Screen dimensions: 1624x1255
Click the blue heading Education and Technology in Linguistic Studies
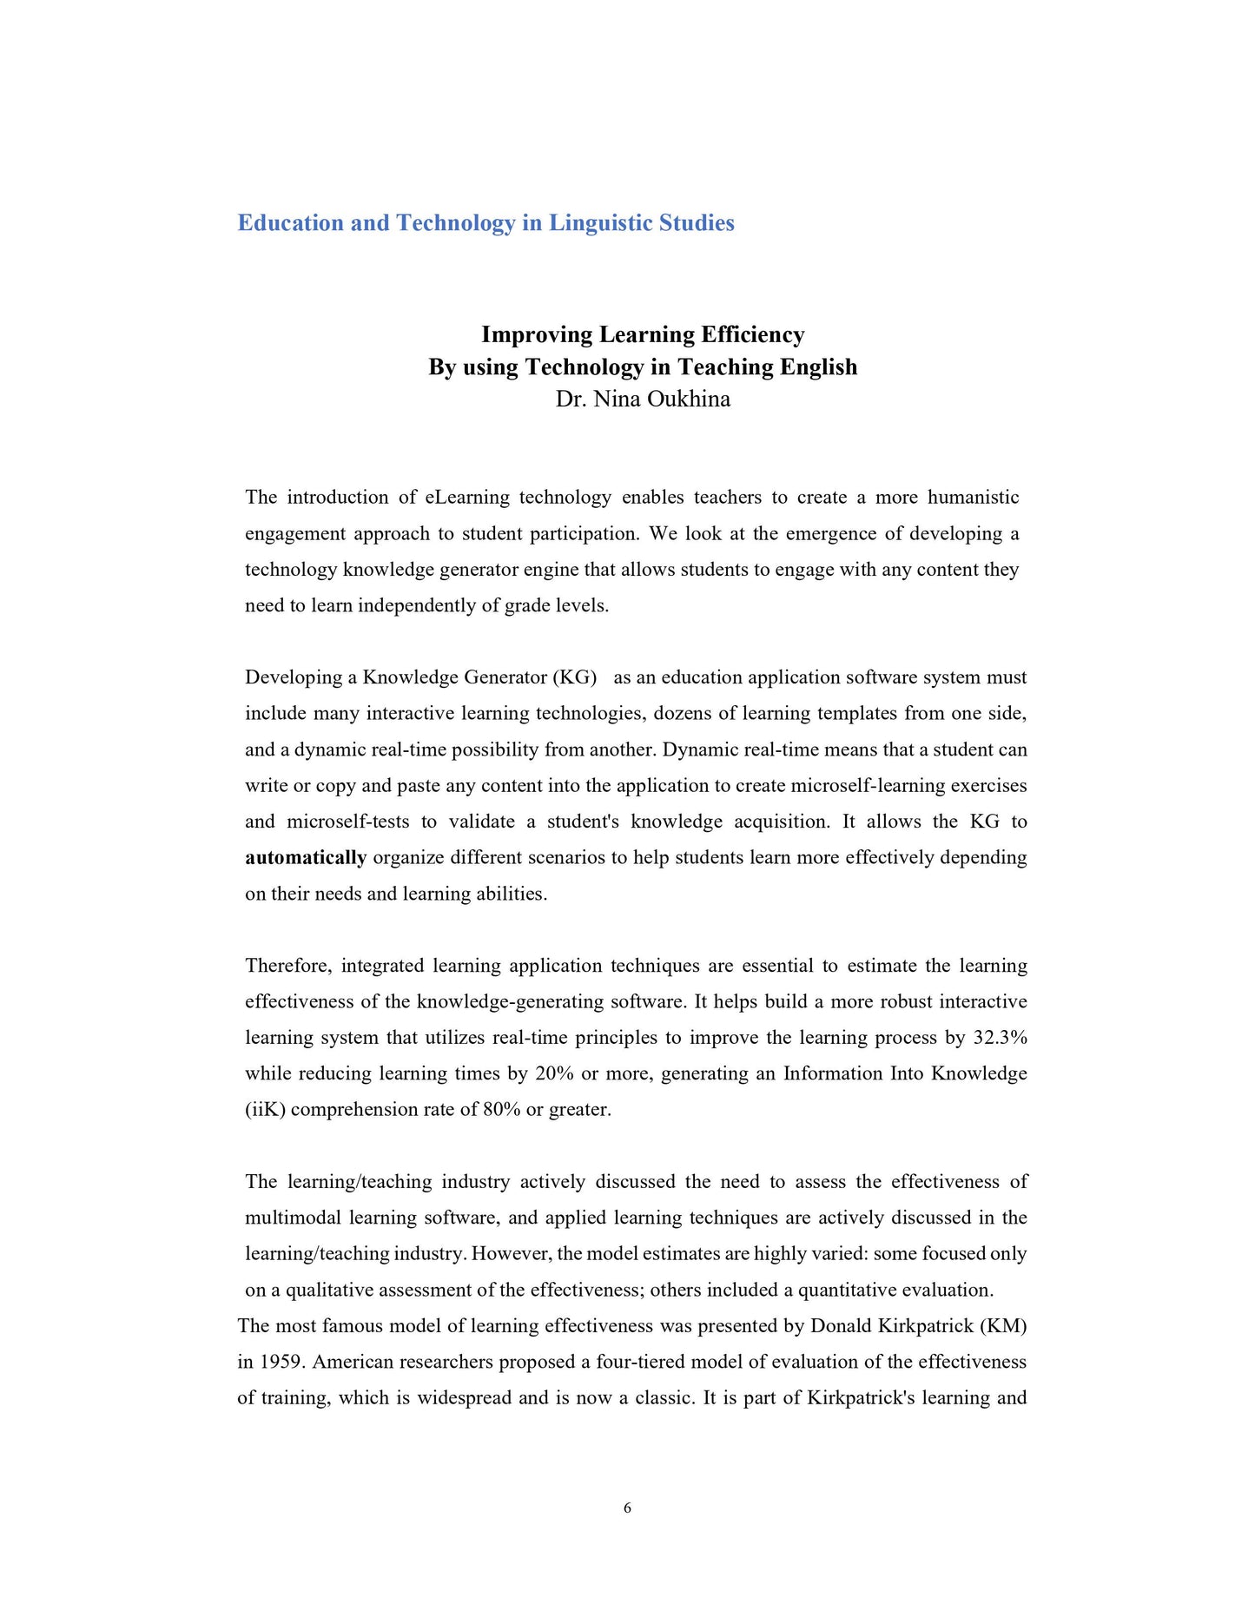pyautogui.click(x=485, y=223)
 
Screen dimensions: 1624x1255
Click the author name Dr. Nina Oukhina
pyautogui.click(x=643, y=399)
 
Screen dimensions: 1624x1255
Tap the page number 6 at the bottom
pyautogui.click(x=627, y=1508)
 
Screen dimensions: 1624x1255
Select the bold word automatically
pyautogui.click(x=306, y=858)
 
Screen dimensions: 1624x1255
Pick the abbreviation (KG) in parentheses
pyautogui.click(x=574, y=677)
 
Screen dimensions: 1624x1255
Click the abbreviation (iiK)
pyautogui.click(x=265, y=1110)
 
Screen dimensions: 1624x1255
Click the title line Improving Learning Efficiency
pyautogui.click(x=643, y=335)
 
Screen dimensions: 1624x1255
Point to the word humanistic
pyautogui.click(x=973, y=498)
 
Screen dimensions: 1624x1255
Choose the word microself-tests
pyautogui.click(x=348, y=822)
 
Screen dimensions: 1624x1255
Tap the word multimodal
pyautogui.click(x=293, y=1218)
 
